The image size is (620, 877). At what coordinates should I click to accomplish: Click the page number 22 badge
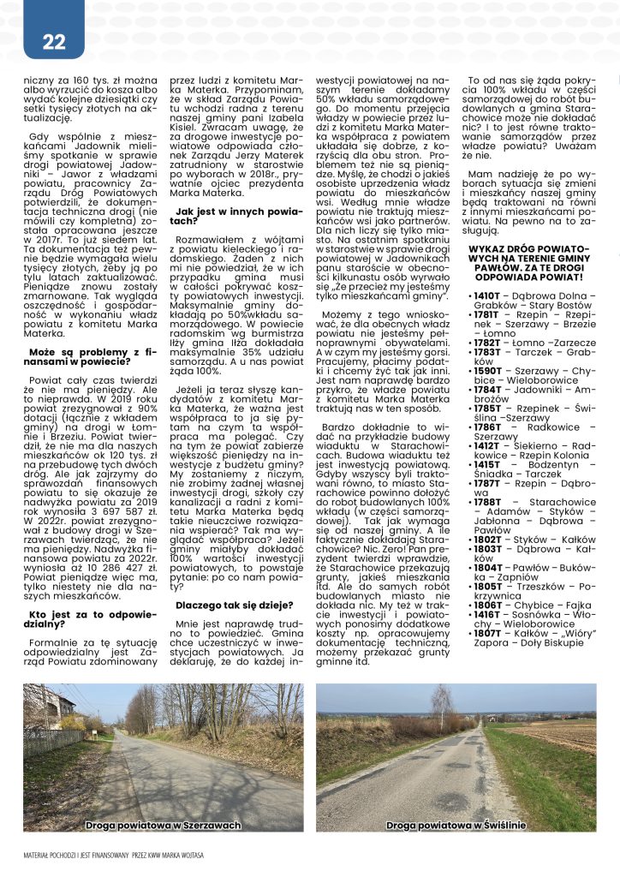point(54,42)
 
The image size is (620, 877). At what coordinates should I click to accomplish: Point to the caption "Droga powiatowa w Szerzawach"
point(163,826)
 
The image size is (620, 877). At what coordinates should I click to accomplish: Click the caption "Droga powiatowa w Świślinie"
point(456,826)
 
